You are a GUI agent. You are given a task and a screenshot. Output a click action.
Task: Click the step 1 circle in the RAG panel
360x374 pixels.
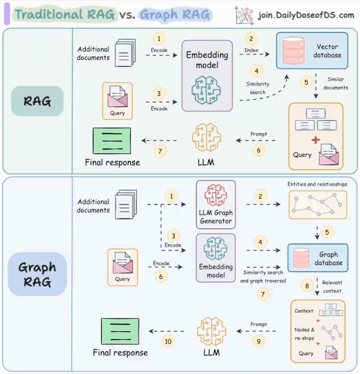pos(158,38)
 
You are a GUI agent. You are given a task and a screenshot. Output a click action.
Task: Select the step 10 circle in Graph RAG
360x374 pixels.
pos(168,342)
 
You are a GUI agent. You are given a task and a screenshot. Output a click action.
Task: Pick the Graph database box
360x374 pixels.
pos(318,258)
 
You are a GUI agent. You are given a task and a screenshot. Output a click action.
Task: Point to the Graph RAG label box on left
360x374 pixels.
pos(37,274)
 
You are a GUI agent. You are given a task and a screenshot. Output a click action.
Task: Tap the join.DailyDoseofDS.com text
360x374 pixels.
pos(306,15)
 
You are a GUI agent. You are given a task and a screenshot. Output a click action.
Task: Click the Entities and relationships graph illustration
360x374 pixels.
pos(317,204)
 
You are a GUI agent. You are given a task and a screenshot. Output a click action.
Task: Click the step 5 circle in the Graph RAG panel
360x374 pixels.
pos(327,233)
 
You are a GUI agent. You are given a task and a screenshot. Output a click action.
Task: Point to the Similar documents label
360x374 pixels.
pos(335,83)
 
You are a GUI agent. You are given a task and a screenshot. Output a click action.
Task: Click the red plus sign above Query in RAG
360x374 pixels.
pos(315,140)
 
